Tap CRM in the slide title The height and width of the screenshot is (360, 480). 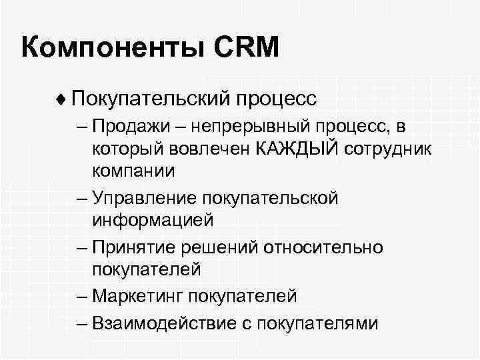(x=241, y=49)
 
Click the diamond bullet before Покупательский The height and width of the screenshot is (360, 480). (x=62, y=99)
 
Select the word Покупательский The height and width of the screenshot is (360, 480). (x=151, y=99)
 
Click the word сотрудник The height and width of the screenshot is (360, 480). (x=390, y=148)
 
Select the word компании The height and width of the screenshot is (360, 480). (x=133, y=170)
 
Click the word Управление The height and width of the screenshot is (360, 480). (x=138, y=197)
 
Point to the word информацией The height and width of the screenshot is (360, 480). (x=153, y=219)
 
